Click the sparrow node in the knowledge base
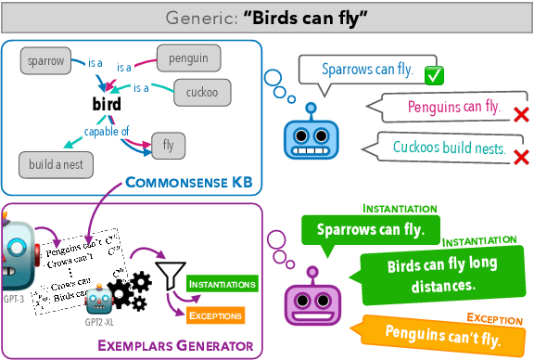pos(46,60)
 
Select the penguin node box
pos(187,58)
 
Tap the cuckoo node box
pos(201,93)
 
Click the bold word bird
pos(107,105)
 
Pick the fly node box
pos(168,146)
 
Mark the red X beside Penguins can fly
pos(521,114)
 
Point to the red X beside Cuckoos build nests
pos(521,153)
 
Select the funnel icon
pos(170,276)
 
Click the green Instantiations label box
pos(219,282)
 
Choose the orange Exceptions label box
pos(215,315)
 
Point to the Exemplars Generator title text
pos(175,346)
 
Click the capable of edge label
pos(107,130)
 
